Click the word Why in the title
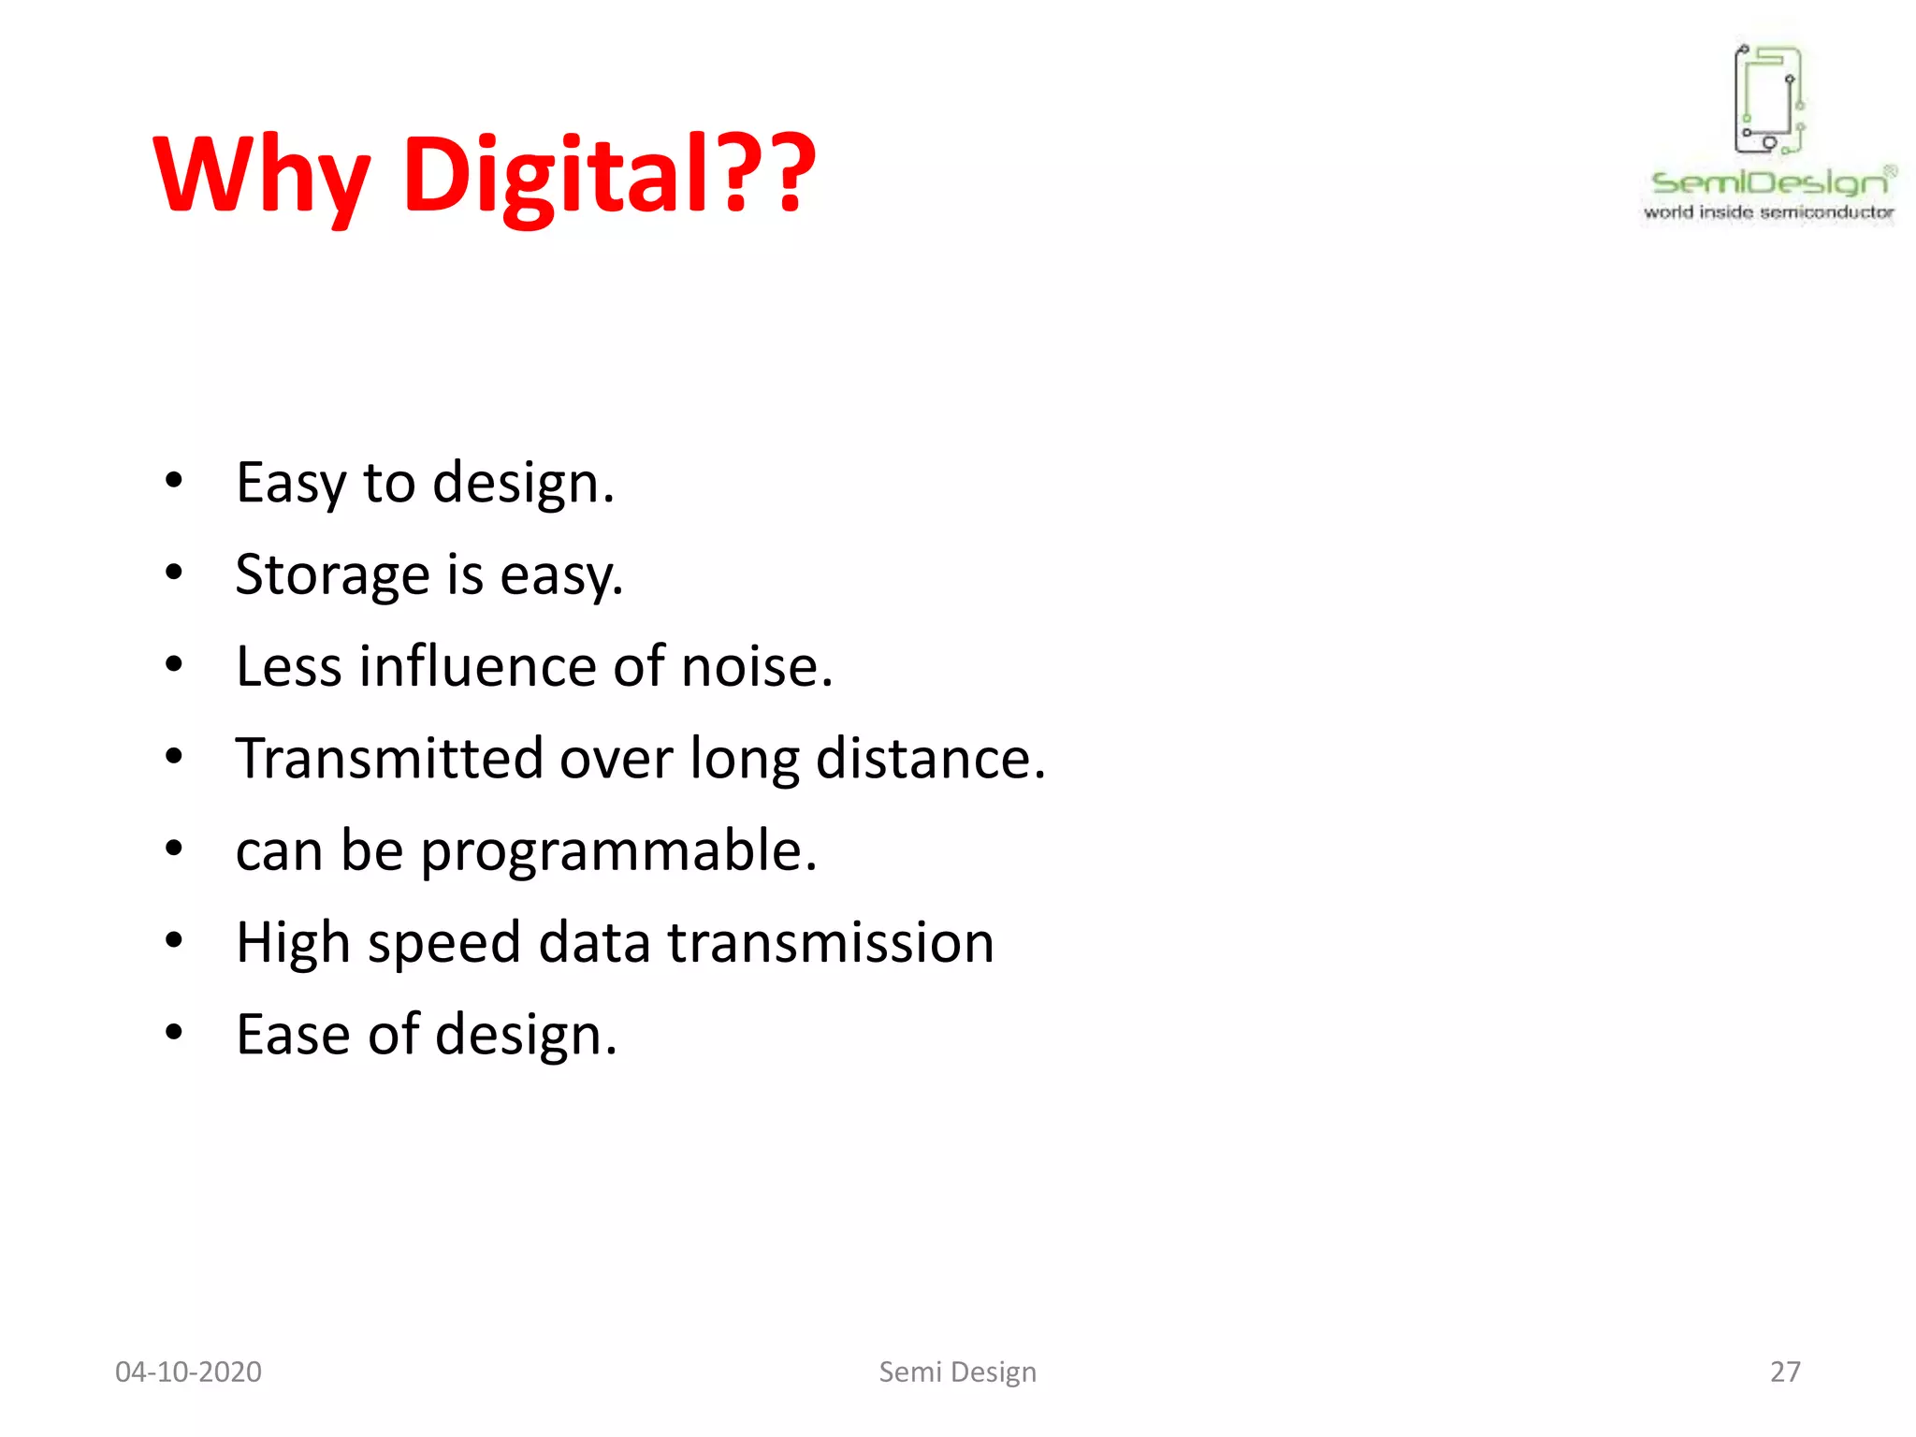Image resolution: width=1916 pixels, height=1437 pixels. [x=262, y=176]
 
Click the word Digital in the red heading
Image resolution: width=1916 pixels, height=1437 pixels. [x=556, y=176]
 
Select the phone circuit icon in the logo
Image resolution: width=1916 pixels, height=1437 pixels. [x=1768, y=99]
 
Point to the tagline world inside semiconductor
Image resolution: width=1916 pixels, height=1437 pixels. [x=1768, y=212]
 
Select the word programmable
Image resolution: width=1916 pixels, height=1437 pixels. [x=617, y=851]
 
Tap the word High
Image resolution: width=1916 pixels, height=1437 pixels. [x=292, y=942]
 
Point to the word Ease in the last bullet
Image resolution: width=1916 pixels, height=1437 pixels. [x=292, y=1034]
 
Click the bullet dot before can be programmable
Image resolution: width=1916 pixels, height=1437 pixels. [x=174, y=849]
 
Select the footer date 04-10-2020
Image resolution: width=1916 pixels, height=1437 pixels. [x=188, y=1372]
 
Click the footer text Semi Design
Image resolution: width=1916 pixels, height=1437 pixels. [x=957, y=1372]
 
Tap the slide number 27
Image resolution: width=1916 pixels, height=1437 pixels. [x=1785, y=1372]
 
